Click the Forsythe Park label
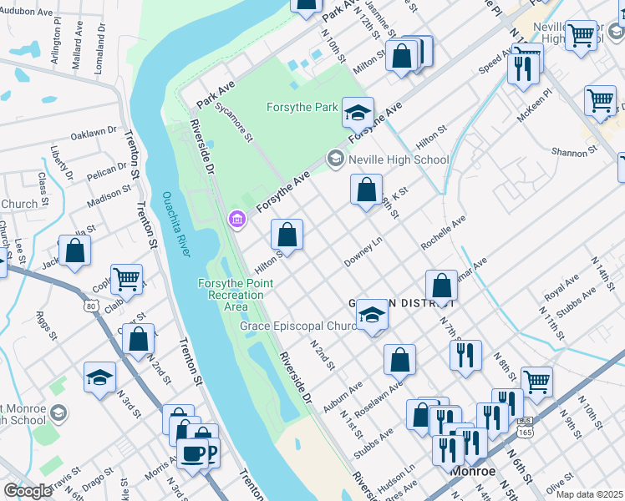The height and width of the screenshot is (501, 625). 302,108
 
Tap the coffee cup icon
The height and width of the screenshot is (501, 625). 191,454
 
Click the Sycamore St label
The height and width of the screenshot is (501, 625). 233,123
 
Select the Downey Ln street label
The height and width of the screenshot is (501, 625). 363,251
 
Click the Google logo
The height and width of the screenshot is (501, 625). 28,491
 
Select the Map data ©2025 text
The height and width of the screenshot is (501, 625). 590,494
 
